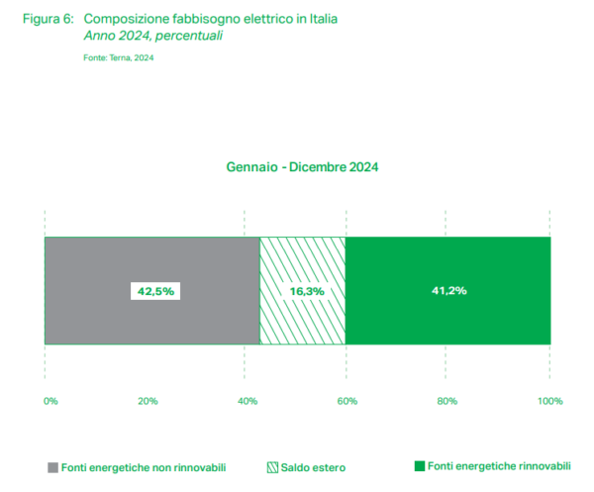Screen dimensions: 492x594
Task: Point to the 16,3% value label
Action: pos(302,291)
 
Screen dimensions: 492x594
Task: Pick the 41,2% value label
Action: pos(447,291)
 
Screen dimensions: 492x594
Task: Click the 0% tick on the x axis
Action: pos(50,401)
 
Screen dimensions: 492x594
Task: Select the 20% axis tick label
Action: pos(148,401)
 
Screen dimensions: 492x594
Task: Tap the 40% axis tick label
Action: pos(247,401)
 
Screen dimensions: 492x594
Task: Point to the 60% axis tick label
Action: pos(346,401)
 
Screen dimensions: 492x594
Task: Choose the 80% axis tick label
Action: pos(446,401)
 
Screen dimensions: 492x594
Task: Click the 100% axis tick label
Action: pos(549,401)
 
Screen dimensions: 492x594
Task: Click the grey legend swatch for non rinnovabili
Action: pos(51,465)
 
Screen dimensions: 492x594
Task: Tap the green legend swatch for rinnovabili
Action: pos(420,465)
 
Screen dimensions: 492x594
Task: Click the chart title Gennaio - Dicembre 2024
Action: pos(302,167)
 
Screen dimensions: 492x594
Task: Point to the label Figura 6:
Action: pos(49,19)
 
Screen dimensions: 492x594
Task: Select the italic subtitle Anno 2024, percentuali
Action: pos(153,36)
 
